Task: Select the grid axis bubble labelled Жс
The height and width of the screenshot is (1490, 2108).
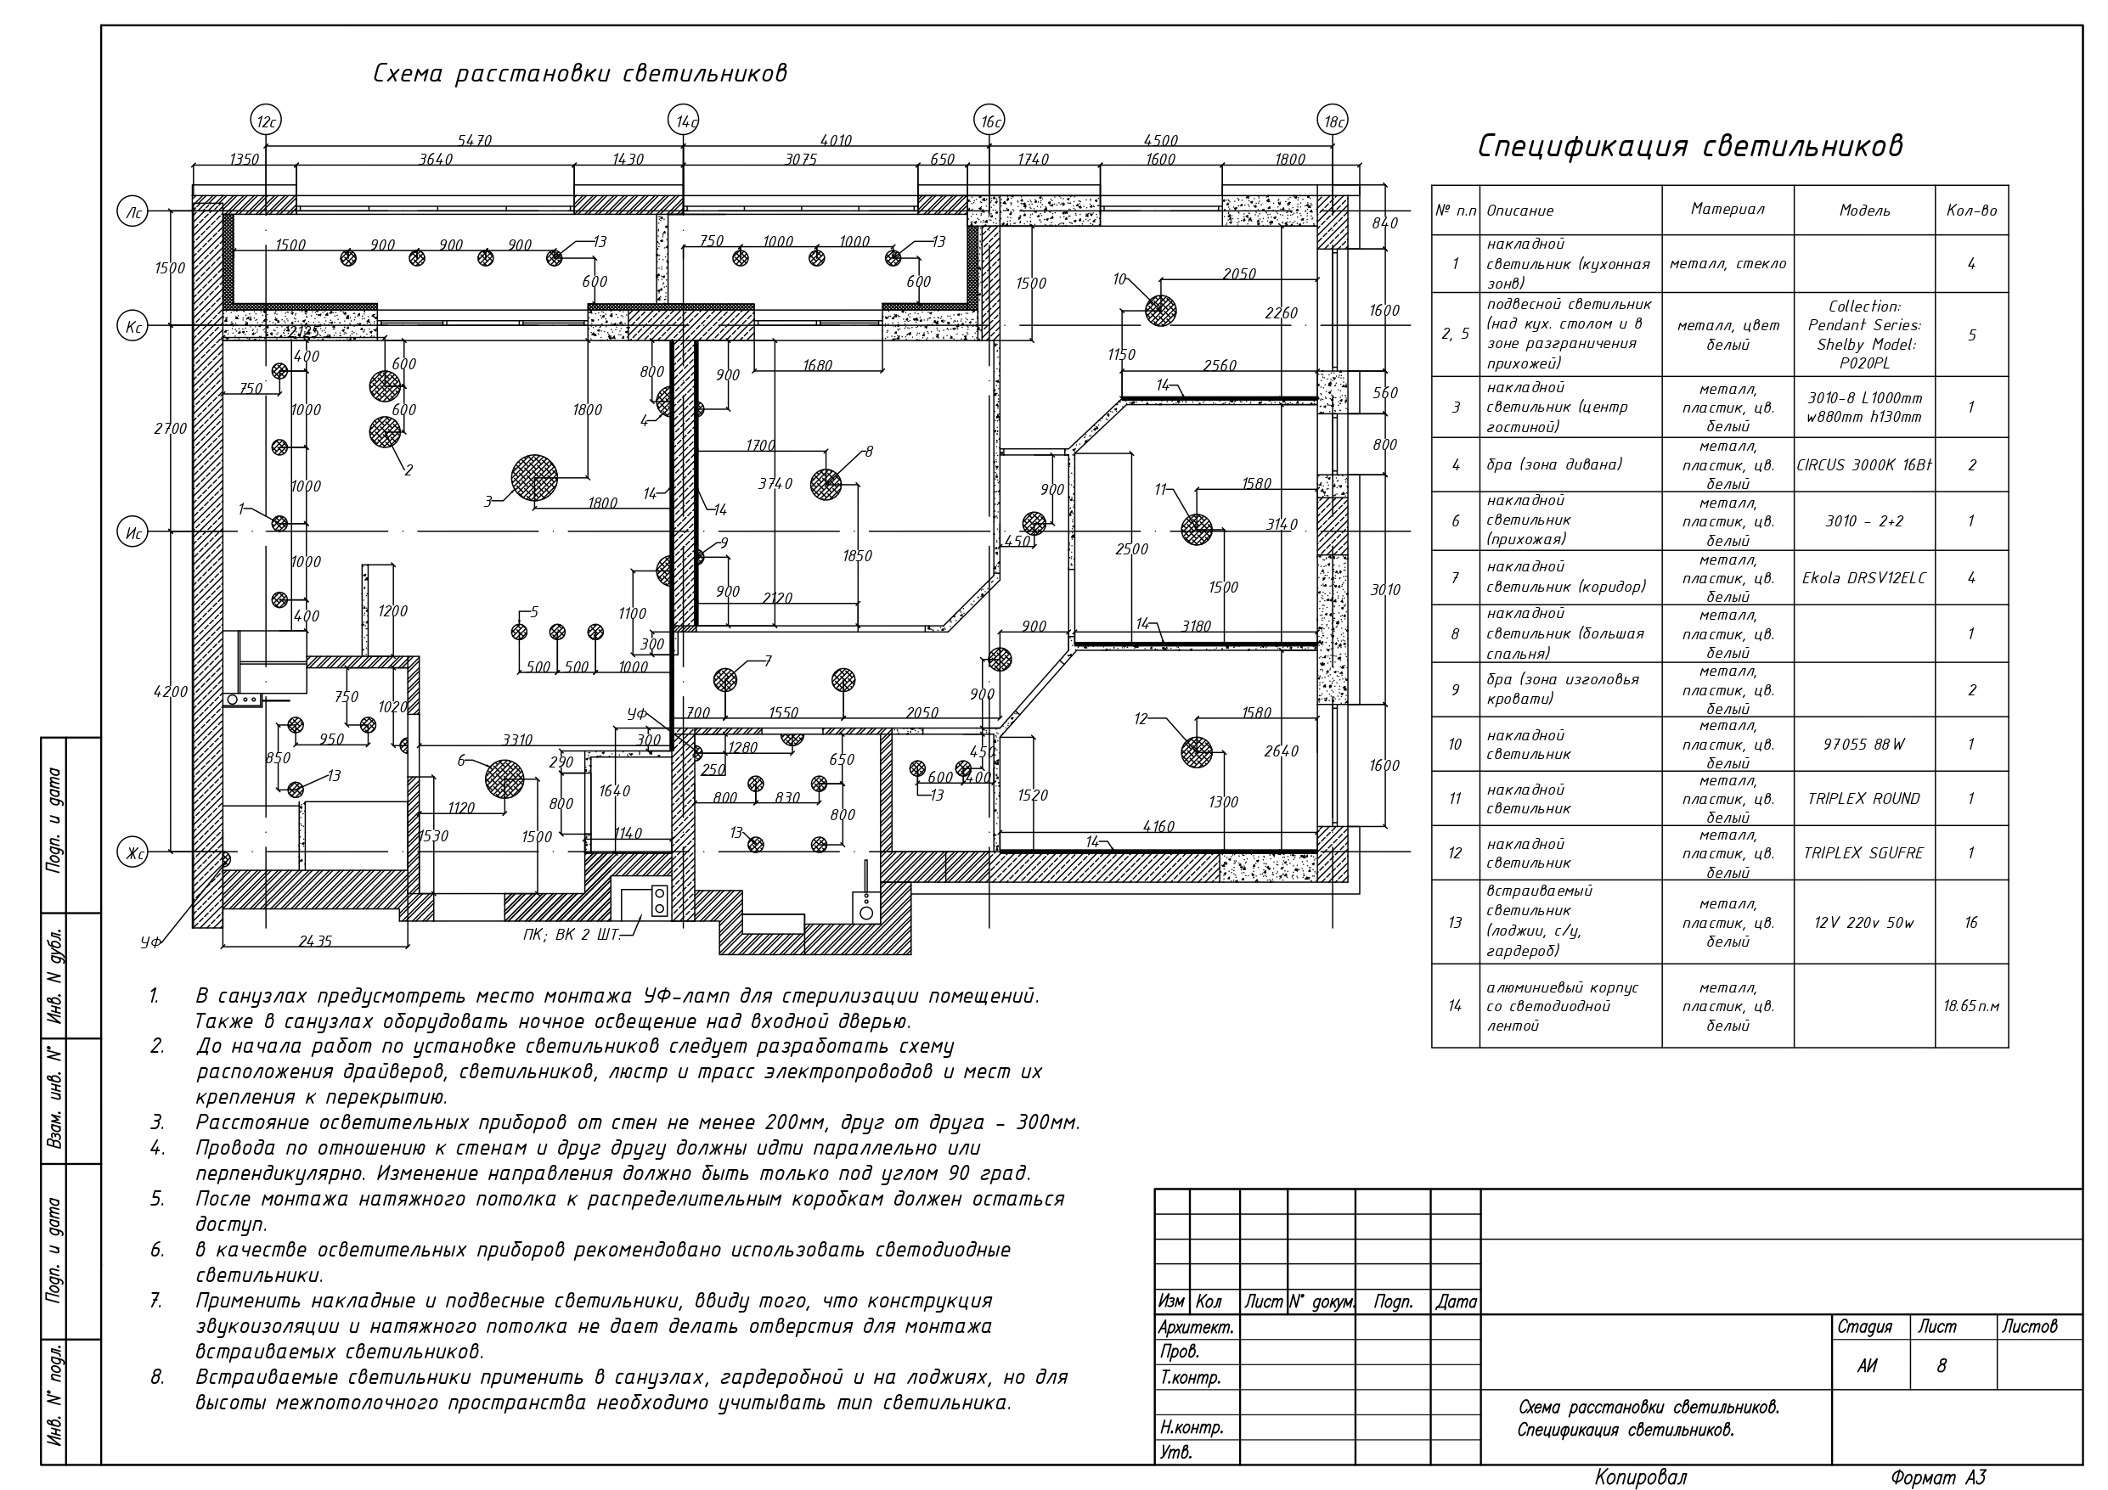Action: pos(133,854)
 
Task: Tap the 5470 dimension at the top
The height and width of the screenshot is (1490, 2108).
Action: pos(475,140)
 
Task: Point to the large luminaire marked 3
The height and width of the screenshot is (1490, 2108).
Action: pos(534,478)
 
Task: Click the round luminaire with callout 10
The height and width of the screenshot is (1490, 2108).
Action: pos(1160,310)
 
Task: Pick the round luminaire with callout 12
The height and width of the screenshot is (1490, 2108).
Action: pos(1197,752)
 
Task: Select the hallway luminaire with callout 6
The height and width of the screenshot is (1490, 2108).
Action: pos(504,779)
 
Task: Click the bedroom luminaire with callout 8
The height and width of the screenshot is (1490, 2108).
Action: pos(826,484)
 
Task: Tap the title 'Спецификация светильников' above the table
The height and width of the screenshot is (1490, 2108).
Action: pos(1689,146)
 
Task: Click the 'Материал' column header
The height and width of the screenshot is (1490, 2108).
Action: pos(1727,210)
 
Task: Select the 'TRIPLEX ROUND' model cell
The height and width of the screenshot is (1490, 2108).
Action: pos(1863,799)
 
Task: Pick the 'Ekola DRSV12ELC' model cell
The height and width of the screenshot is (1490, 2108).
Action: pos(1863,578)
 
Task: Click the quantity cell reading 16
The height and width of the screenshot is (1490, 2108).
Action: pos(1970,923)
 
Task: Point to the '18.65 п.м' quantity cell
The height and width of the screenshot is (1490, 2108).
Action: pos(1970,1006)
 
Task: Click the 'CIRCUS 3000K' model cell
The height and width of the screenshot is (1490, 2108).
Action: pos(1863,465)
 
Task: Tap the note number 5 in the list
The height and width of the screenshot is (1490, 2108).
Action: pos(157,1199)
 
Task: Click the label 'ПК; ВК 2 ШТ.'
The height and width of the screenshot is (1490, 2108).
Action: pos(571,935)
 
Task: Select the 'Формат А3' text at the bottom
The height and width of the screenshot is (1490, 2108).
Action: pos(1938,1477)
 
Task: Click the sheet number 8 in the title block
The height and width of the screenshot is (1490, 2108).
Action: pos(1941,1366)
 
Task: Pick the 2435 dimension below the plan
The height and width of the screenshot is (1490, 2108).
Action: pos(315,941)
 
